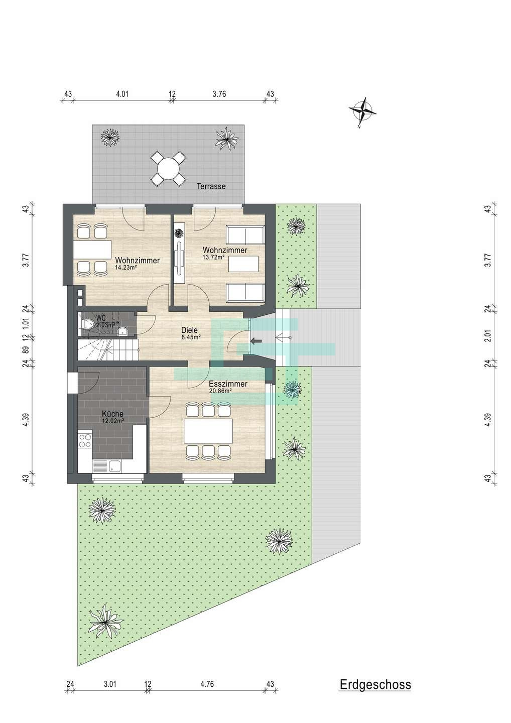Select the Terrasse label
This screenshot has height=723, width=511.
(211, 186)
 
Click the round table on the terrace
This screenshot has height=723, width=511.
(168, 168)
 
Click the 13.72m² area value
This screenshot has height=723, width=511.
(213, 257)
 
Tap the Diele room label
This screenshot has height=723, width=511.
(189, 330)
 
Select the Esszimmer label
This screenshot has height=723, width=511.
(228, 384)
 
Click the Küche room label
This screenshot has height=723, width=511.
(112, 414)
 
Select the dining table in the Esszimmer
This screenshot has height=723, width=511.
(208, 431)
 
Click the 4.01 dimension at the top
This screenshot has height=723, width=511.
(122, 94)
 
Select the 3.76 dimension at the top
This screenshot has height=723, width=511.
(219, 94)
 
